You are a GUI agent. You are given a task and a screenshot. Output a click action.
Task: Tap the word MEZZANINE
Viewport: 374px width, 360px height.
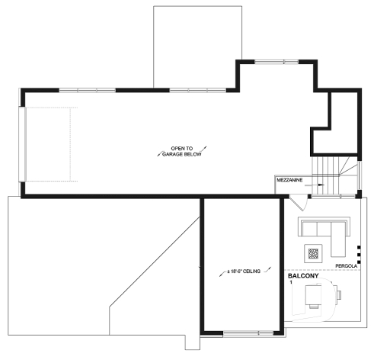pyautogui.click(x=289, y=180)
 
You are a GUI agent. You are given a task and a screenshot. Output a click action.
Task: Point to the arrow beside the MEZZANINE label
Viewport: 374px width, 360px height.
pyautogui.click(x=321, y=185)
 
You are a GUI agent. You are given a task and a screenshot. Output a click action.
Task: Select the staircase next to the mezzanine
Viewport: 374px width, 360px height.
pyautogui.click(x=333, y=175)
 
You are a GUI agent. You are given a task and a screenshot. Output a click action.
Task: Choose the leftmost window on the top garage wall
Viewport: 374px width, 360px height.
pyautogui.click(x=87, y=90)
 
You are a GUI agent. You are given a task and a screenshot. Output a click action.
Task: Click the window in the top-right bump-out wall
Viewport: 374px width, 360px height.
pyautogui.click(x=277, y=62)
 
